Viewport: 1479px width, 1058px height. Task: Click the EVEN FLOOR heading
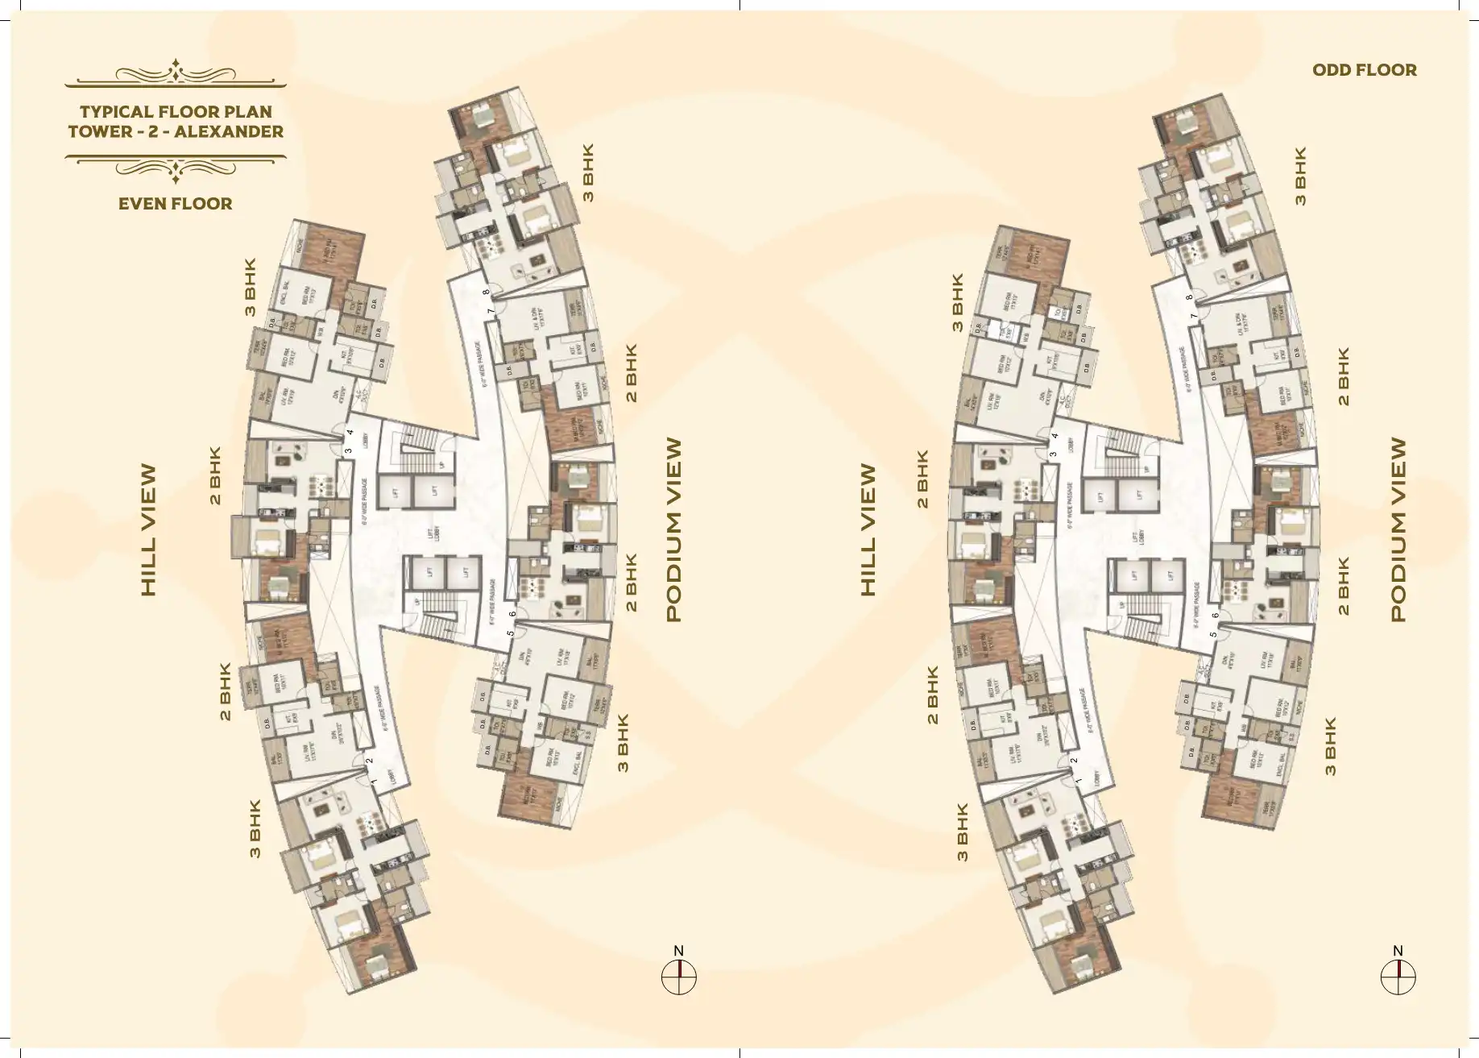tap(175, 204)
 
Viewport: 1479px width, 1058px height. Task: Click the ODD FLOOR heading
tap(1364, 70)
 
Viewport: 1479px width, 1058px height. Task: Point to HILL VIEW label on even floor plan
tap(148, 530)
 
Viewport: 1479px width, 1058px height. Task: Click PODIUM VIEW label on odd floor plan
tap(1398, 529)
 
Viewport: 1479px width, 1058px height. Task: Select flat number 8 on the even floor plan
tap(486, 293)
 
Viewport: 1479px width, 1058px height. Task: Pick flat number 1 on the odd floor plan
tap(1078, 781)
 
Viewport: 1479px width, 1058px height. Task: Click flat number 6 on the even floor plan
tap(512, 615)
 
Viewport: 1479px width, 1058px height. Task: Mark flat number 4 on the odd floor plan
tap(1054, 437)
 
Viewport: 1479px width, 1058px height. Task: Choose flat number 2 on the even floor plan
tap(370, 761)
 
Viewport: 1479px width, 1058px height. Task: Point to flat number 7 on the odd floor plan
tap(1194, 316)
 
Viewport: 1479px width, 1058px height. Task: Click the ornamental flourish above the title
tap(176, 73)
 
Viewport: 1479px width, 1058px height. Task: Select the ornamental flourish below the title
tap(176, 165)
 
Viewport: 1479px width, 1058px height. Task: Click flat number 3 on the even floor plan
tap(348, 451)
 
